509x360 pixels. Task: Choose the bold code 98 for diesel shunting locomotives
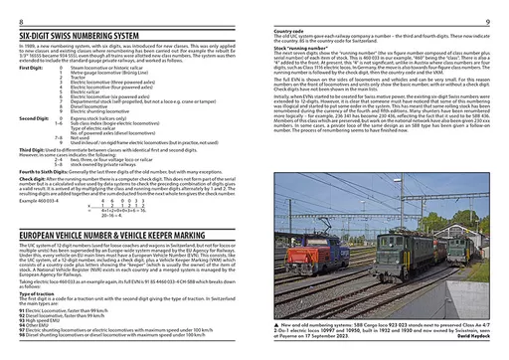pyautogui.click(x=22, y=354)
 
